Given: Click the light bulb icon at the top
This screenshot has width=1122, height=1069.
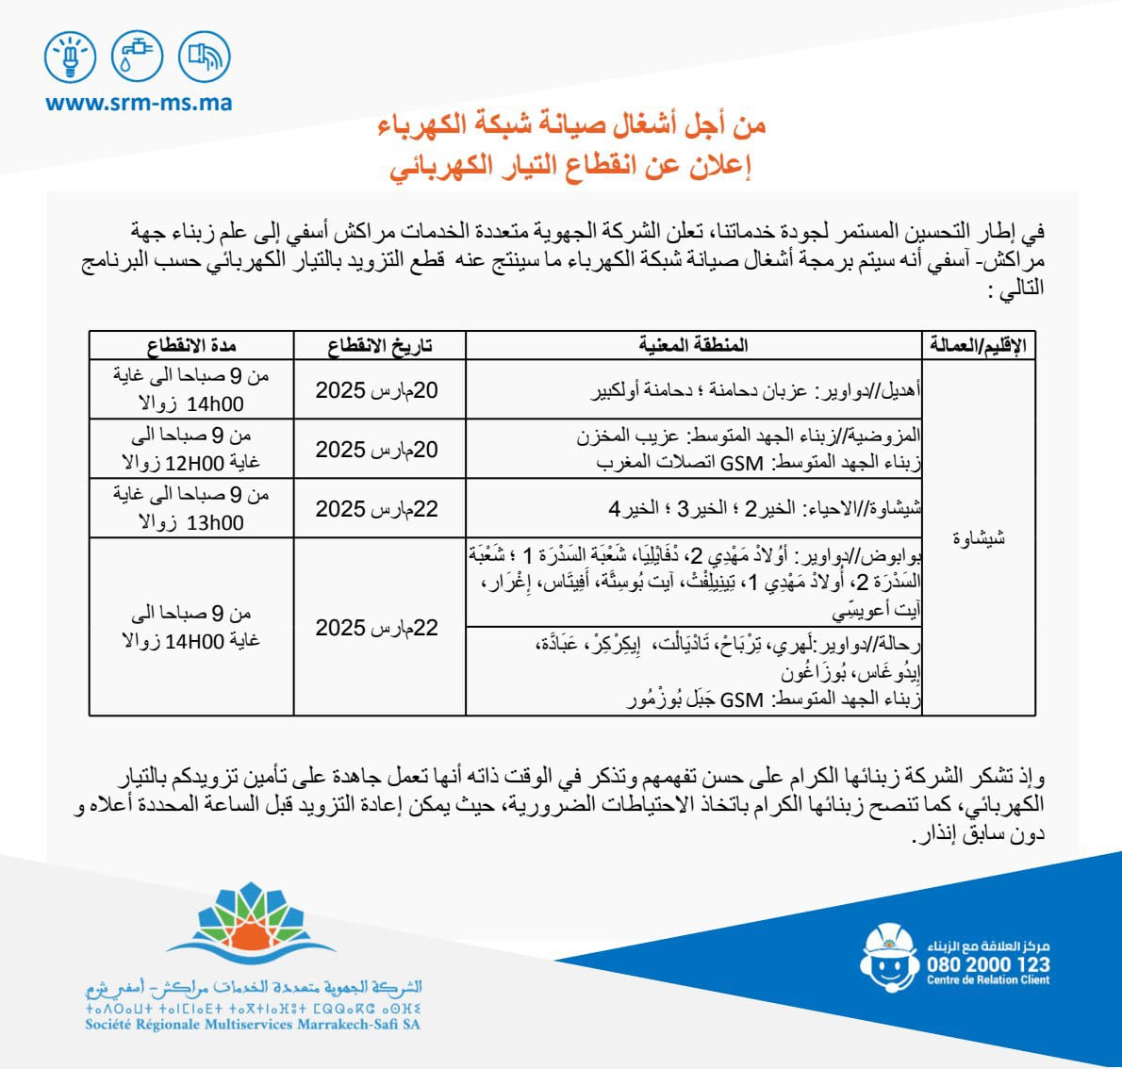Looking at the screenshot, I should (x=71, y=58).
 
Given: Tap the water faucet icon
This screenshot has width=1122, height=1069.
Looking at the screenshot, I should (x=138, y=58).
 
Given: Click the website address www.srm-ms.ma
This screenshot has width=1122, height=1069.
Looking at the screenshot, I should (x=139, y=103).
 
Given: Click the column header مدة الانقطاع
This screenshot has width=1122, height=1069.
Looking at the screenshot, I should (x=190, y=345).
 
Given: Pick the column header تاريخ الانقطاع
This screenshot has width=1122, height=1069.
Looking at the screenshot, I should (x=379, y=345).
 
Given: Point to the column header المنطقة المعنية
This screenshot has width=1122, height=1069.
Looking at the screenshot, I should (x=693, y=345).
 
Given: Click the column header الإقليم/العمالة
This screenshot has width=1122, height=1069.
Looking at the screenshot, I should (x=977, y=345).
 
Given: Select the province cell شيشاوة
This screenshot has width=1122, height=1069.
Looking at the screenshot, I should (x=978, y=537).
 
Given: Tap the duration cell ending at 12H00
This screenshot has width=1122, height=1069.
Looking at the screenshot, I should (x=190, y=449).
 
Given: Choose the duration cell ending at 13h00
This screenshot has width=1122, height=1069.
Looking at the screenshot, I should (x=190, y=508).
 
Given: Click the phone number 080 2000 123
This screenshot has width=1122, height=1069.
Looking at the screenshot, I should (x=987, y=964).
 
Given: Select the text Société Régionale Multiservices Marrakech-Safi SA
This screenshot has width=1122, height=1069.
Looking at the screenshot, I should (x=253, y=1025).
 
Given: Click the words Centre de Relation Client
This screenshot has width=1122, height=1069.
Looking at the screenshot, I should (x=987, y=980).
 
